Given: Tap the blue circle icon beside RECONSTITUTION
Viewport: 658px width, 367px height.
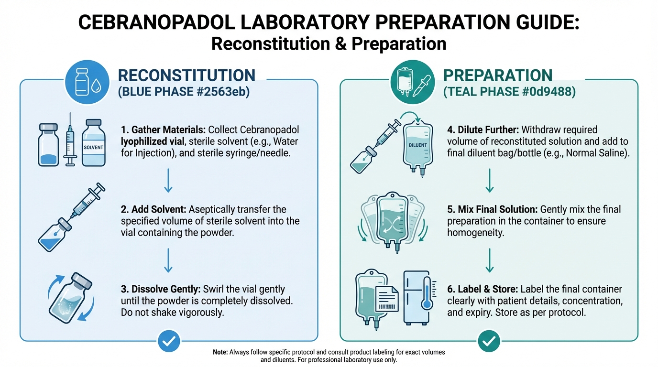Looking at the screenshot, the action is [x=87, y=82].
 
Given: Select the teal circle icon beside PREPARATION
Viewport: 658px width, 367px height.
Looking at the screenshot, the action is [x=412, y=82].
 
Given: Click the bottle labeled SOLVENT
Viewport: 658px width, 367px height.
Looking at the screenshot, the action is [x=93, y=143].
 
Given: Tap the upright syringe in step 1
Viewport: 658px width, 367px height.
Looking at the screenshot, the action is [x=70, y=139].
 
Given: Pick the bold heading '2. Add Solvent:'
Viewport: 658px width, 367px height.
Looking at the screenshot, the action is [x=154, y=209].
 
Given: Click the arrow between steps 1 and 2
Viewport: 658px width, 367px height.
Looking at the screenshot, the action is [x=168, y=180].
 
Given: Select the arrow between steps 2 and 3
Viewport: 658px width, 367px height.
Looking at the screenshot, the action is [x=168, y=260].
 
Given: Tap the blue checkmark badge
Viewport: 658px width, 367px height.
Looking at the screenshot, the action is [x=169, y=341].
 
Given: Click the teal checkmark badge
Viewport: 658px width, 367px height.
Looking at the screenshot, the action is [x=489, y=341].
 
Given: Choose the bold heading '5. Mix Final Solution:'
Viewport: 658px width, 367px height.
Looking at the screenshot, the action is [x=493, y=209].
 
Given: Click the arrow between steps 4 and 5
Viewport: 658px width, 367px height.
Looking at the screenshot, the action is [x=489, y=180].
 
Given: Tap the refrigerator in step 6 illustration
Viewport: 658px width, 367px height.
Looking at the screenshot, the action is [x=417, y=297].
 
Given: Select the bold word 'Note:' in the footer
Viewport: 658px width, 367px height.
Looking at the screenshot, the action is [x=220, y=352].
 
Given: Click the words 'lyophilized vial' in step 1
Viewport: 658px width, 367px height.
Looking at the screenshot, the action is [x=153, y=141].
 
